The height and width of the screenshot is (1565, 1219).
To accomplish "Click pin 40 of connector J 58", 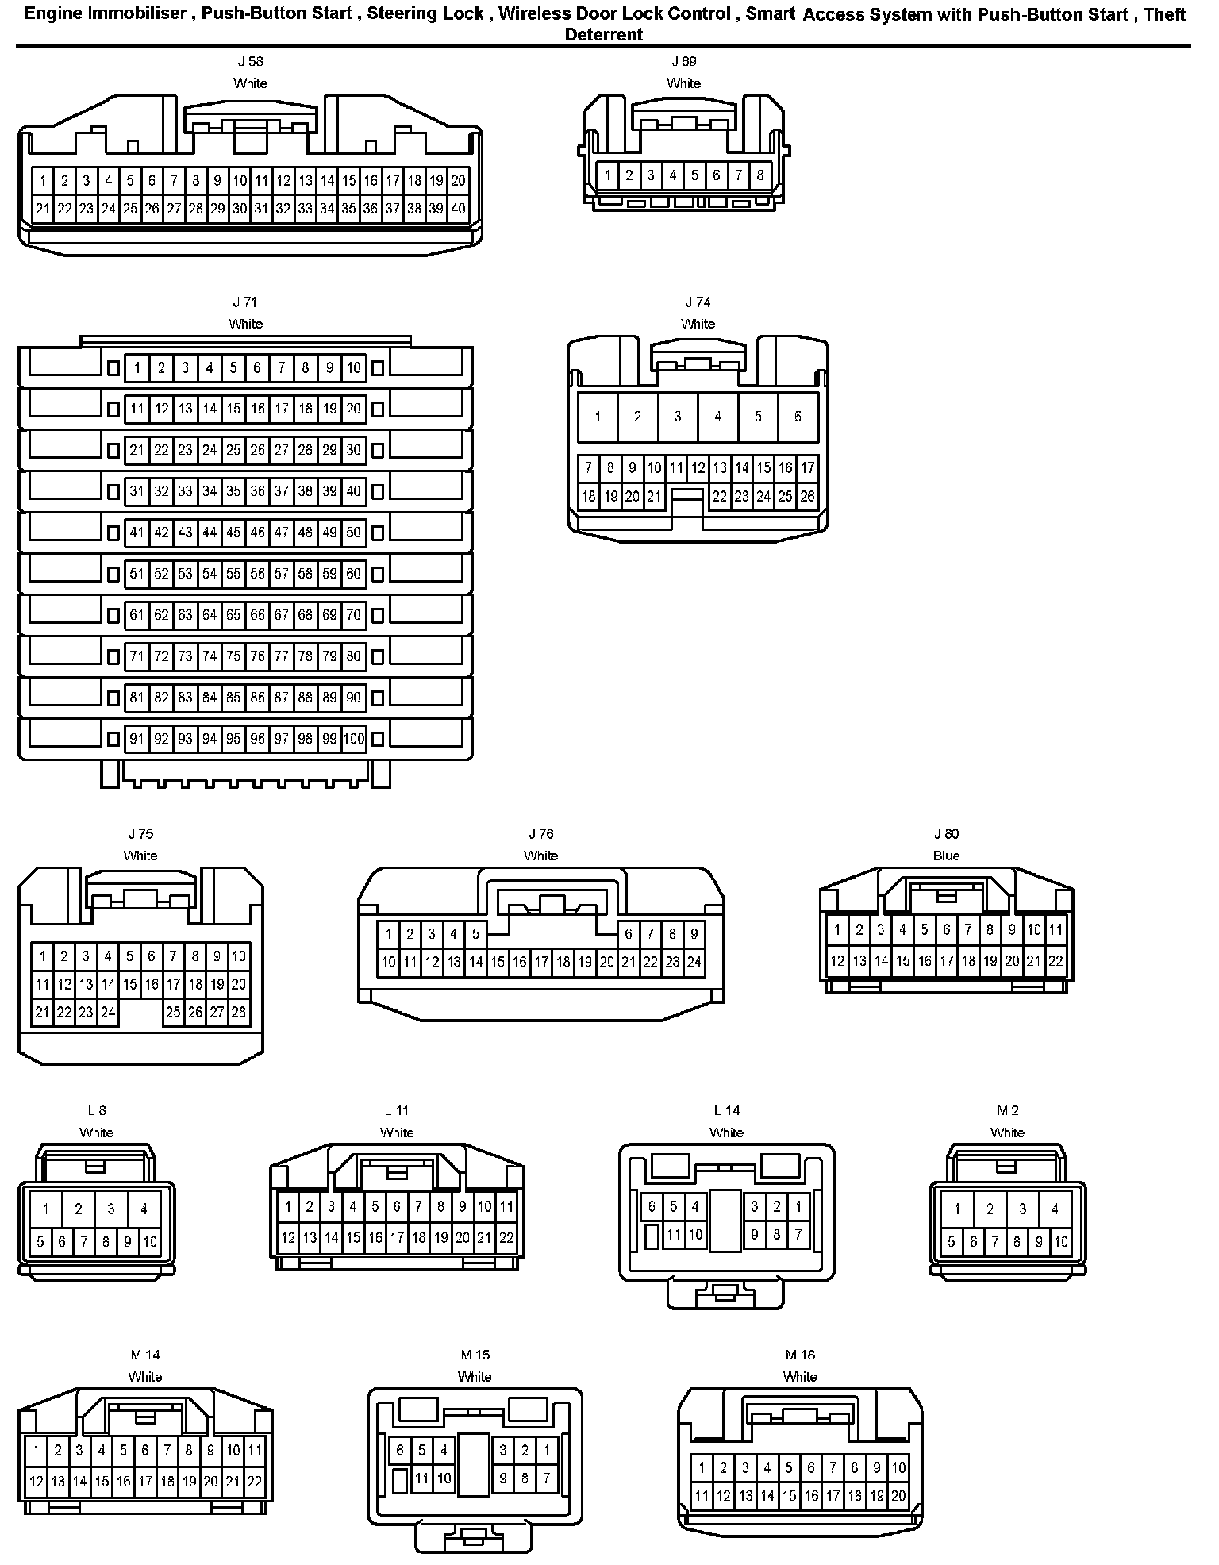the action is (x=458, y=209).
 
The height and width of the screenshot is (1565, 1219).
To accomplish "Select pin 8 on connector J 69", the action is (x=760, y=175).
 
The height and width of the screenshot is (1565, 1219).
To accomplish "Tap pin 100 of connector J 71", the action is (x=354, y=739).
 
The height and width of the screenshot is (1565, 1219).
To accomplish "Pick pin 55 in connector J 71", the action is (x=233, y=574).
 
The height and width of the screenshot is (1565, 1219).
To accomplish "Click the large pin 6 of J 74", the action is (x=798, y=416).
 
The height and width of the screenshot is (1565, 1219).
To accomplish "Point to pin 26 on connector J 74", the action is (x=807, y=497).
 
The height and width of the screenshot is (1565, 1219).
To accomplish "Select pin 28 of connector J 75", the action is (x=239, y=1012).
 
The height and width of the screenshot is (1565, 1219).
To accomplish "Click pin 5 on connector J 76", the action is (x=475, y=934).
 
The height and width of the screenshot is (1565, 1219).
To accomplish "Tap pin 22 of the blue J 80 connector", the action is (x=1056, y=961).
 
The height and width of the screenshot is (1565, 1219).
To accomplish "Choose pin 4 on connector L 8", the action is (x=144, y=1209).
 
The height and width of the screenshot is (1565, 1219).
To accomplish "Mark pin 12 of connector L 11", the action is (x=288, y=1237).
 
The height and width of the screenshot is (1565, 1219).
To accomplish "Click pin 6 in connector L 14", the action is (x=652, y=1207).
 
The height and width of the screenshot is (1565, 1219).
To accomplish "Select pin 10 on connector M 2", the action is (x=1061, y=1242).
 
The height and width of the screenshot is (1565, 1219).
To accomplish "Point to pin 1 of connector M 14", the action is (x=36, y=1451).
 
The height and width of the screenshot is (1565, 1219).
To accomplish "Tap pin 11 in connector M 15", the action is (x=422, y=1478).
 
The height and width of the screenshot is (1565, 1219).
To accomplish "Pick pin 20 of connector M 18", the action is (x=898, y=1497).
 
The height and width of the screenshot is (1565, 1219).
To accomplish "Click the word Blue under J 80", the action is (x=946, y=856).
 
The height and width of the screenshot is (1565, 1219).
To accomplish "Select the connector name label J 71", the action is (x=244, y=302).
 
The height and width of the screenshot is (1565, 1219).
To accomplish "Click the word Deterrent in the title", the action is (x=603, y=34).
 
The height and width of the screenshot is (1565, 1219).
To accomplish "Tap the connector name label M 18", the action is (x=800, y=1355).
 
